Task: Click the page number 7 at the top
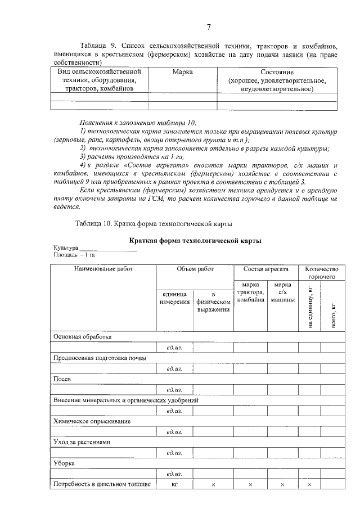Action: click(208, 27)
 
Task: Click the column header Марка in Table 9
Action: click(182, 72)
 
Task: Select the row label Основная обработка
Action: click(82, 336)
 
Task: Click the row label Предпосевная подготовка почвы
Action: click(100, 358)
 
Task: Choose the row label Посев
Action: click(62, 379)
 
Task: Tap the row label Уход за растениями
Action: click(82, 442)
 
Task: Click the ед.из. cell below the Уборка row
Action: click(174, 474)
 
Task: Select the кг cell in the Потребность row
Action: click(174, 484)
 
